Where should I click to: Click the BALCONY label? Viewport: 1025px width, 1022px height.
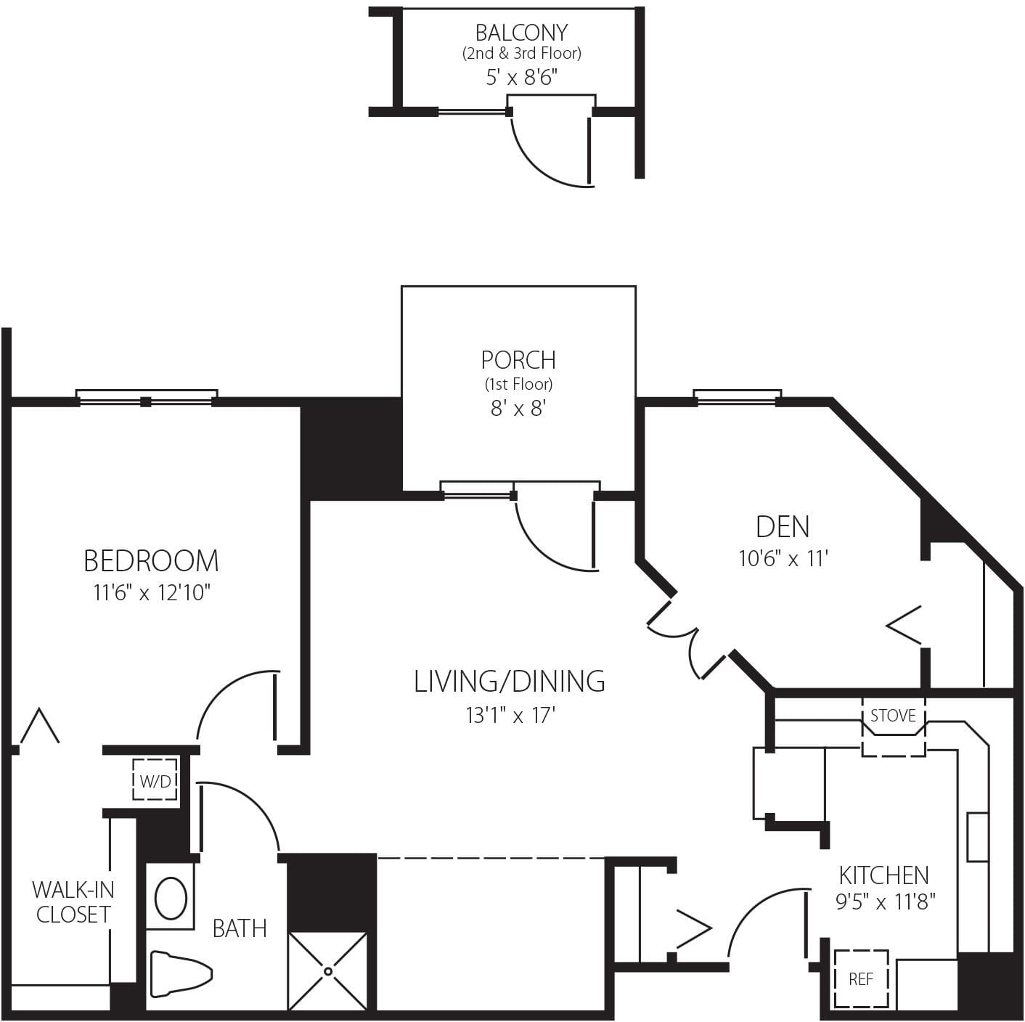coord(521,33)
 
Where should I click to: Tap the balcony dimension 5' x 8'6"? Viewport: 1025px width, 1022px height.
coord(521,77)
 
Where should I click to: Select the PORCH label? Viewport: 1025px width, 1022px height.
coord(518,360)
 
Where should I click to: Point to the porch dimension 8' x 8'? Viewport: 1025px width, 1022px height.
coord(518,409)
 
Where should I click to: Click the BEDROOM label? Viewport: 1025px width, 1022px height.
coord(151,561)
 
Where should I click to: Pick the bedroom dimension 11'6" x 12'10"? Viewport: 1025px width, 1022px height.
coord(151,593)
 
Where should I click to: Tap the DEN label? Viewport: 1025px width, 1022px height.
coord(783,526)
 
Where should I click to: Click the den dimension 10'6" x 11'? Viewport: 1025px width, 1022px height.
coord(783,558)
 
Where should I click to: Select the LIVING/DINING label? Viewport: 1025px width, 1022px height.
coord(510,682)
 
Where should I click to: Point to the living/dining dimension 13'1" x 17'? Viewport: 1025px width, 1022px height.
coord(510,716)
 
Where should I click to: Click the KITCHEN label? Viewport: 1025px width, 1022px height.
coord(883,875)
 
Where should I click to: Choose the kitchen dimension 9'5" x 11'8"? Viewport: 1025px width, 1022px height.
coord(885,902)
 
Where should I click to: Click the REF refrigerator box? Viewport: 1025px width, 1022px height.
coord(861,978)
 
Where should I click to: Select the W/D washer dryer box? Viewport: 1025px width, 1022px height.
coord(155,780)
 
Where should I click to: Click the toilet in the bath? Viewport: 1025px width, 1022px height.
coord(179,973)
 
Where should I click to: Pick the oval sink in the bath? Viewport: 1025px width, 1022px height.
coord(171,899)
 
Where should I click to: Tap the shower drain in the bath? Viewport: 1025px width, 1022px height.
coord(328,971)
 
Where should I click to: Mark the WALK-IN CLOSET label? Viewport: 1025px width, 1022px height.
coord(73,902)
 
